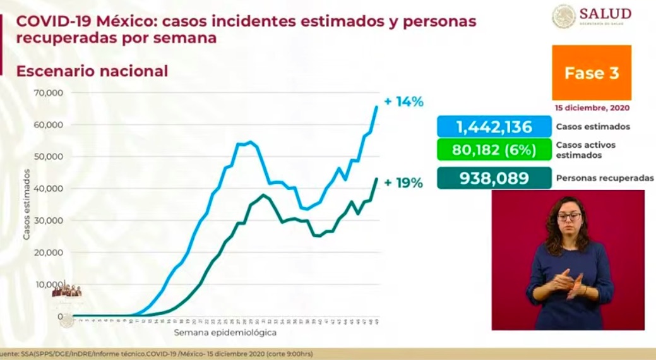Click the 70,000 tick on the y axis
pyautogui.click(x=49, y=93)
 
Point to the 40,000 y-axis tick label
pyautogui.click(x=49, y=189)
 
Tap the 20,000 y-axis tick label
pyautogui.click(x=49, y=253)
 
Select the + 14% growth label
pyautogui.click(x=403, y=102)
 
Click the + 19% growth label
pyautogui.click(x=403, y=183)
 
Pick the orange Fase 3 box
pyautogui.click(x=592, y=73)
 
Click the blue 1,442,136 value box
pyautogui.click(x=494, y=127)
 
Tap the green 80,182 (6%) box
pyautogui.click(x=494, y=151)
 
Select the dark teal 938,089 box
pyautogui.click(x=494, y=179)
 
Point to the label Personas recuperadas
pyautogui.click(x=604, y=179)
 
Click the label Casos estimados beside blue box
pyautogui.click(x=592, y=127)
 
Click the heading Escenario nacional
pyautogui.click(x=92, y=71)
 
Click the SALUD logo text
pyautogui.click(x=605, y=13)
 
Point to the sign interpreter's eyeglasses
pyautogui.click(x=569, y=217)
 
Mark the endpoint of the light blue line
pyautogui.click(x=377, y=106)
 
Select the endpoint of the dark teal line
pyautogui.click(x=377, y=178)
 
